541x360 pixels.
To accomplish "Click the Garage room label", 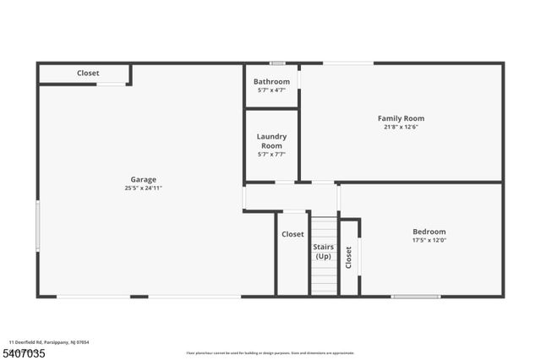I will [143, 179].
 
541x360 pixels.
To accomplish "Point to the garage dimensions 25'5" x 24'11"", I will [143, 188].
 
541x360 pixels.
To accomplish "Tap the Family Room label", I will [401, 118].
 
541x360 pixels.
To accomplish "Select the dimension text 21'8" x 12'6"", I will [401, 128].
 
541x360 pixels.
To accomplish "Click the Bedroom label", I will [429, 232].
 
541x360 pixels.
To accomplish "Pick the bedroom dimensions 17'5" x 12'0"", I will [429, 241].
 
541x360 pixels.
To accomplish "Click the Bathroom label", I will [271, 81].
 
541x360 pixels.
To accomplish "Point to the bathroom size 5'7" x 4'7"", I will [271, 90].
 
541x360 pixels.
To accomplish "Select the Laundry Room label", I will [271, 141].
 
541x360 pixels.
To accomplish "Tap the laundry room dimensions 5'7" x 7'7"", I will [271, 155].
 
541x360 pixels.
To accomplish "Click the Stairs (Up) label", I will [324, 252].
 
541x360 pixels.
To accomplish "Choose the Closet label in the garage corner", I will [88, 74].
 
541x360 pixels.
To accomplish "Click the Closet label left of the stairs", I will [292, 234].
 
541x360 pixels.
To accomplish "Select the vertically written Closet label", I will [348, 258].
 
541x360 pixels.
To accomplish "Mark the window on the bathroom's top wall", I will [277, 63].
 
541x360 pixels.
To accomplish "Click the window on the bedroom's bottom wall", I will [415, 297].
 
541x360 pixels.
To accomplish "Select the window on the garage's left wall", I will [37, 225].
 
